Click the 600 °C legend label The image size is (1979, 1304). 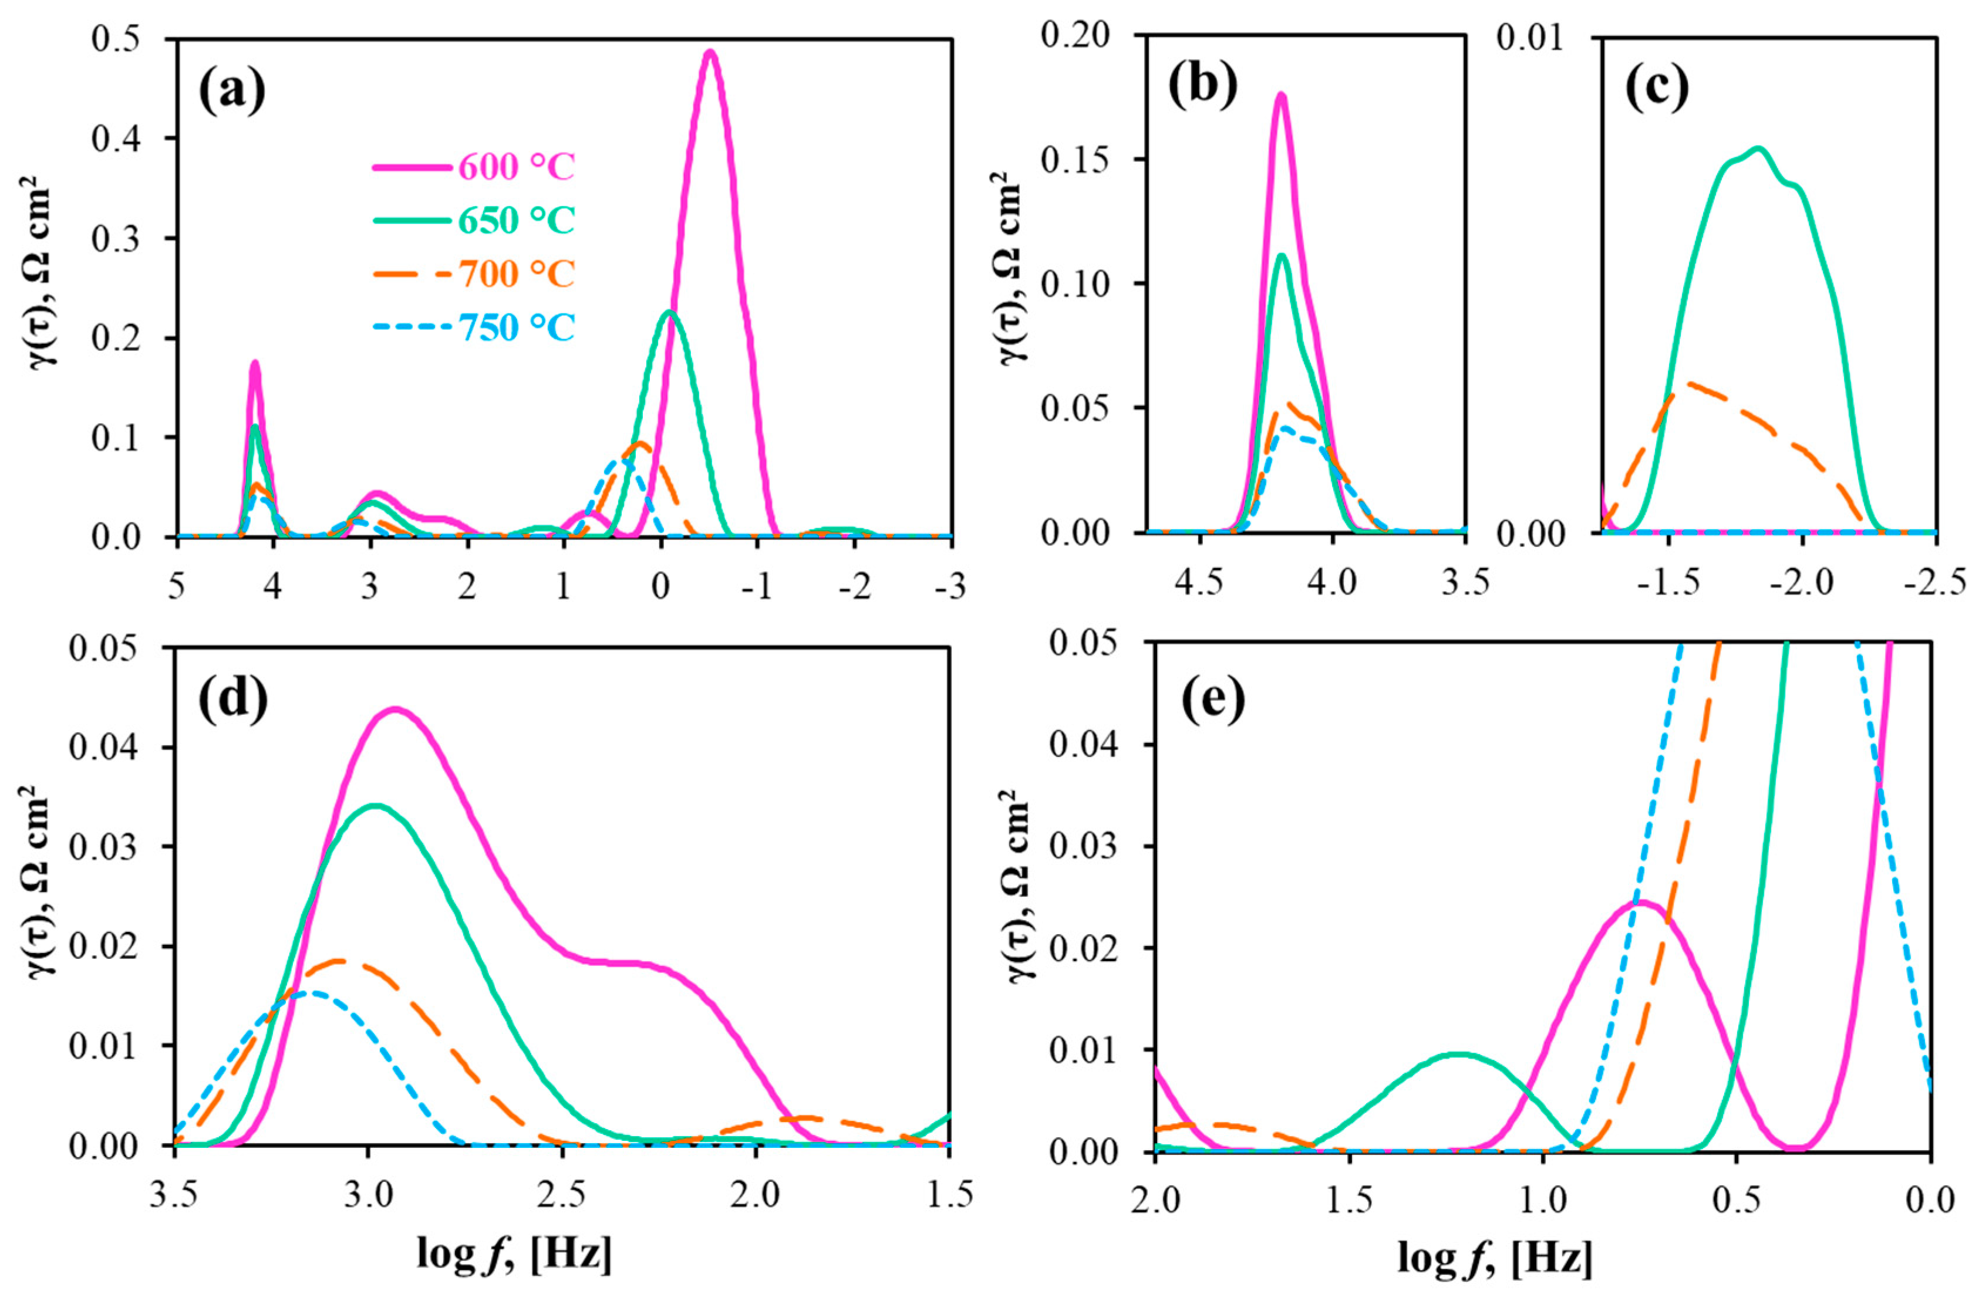pyautogui.click(x=516, y=166)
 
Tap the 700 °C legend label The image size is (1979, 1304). pyautogui.click(x=516, y=273)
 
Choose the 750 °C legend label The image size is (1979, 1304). pyautogui.click(x=516, y=327)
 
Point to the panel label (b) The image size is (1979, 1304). pyautogui.click(x=1202, y=86)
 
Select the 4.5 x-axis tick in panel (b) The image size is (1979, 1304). pyautogui.click(x=1199, y=582)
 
